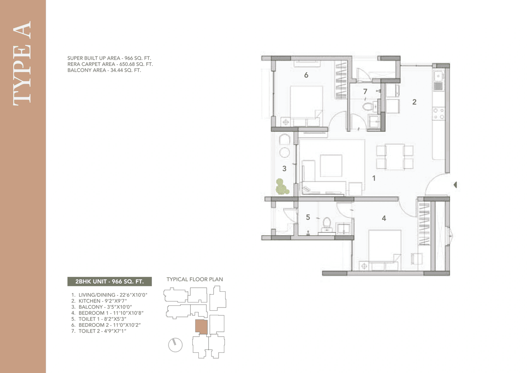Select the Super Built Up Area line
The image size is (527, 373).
tap(112, 59)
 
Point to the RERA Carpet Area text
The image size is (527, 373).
tap(110, 64)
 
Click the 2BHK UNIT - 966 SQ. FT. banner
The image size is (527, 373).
tap(110, 282)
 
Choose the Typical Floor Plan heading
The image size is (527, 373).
tap(194, 279)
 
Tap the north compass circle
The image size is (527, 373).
tap(175, 345)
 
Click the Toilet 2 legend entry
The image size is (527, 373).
tap(102, 331)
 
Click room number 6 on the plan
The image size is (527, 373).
tap(306, 75)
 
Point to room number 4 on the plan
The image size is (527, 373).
tap(384, 218)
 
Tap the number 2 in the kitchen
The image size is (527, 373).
tap(414, 102)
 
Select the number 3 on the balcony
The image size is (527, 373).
tap(284, 168)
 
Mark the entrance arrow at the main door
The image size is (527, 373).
tap(455, 185)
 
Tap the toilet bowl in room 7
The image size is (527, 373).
tap(368, 107)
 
